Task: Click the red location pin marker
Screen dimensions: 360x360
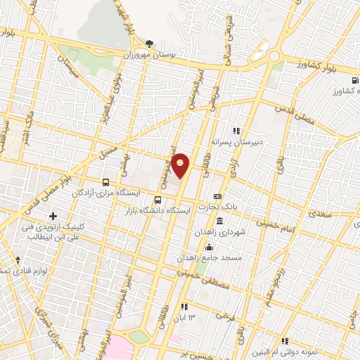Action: pyautogui.click(x=181, y=165)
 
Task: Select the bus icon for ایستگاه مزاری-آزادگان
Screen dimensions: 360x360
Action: pyautogui.click(x=105, y=182)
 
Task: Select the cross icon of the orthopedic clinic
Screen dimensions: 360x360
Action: pyautogui.click(x=53, y=215)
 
